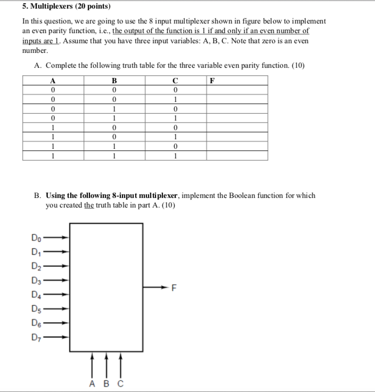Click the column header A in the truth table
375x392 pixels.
click(x=53, y=81)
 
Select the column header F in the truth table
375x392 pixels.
click(x=213, y=81)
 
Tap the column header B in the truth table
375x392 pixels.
click(x=114, y=81)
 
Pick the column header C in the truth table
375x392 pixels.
click(x=176, y=81)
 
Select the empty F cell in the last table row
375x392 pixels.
click(x=237, y=156)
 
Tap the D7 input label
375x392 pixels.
click(x=35, y=337)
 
